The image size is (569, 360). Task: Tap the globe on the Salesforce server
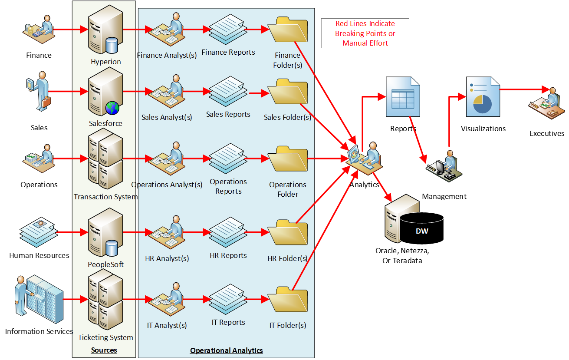click(x=112, y=107)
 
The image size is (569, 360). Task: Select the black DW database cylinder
click(x=421, y=228)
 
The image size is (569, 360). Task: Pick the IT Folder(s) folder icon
click(x=288, y=300)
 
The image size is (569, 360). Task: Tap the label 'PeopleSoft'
click(x=105, y=264)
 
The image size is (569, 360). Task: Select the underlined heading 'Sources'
click(x=104, y=350)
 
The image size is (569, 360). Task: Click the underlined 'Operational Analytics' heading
click(x=226, y=350)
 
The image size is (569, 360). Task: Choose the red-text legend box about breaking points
click(x=365, y=33)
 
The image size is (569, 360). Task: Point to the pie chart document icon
click(x=483, y=96)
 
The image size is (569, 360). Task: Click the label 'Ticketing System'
click(x=105, y=337)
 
